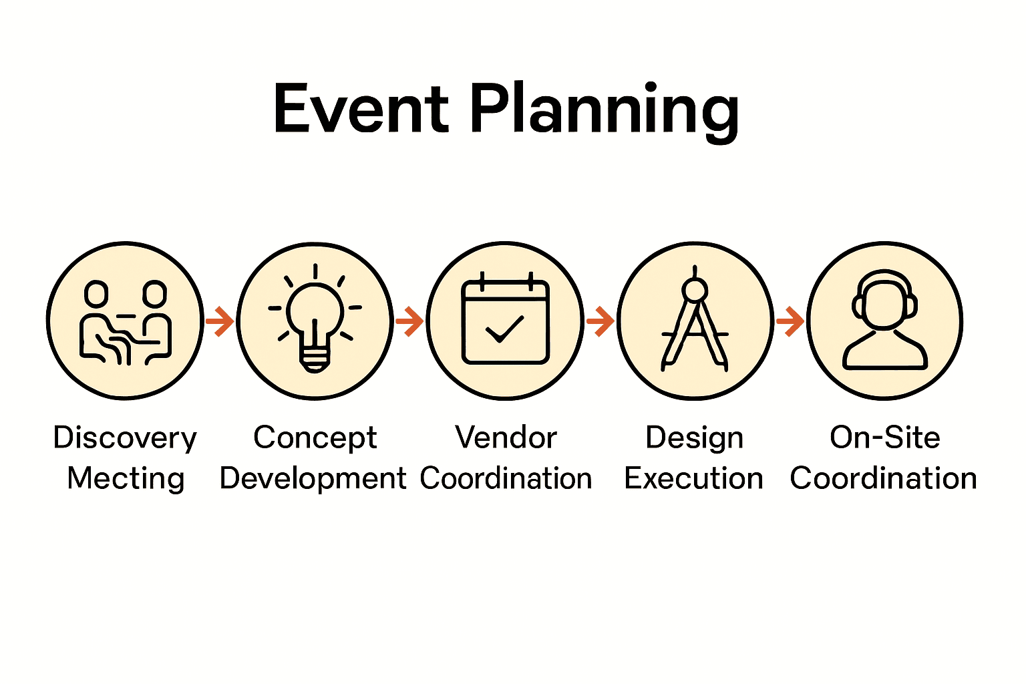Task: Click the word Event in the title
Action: point(361,110)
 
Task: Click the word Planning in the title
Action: point(605,111)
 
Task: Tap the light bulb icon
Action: point(315,321)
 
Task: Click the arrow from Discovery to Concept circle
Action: point(220,321)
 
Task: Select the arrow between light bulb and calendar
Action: point(409,321)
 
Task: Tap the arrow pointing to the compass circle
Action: point(600,321)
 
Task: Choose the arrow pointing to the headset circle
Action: point(790,321)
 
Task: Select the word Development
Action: point(313,478)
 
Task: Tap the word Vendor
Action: point(506,438)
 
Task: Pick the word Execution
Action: point(693,478)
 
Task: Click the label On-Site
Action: point(884,438)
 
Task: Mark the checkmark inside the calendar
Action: point(504,329)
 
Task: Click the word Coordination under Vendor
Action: point(506,478)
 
